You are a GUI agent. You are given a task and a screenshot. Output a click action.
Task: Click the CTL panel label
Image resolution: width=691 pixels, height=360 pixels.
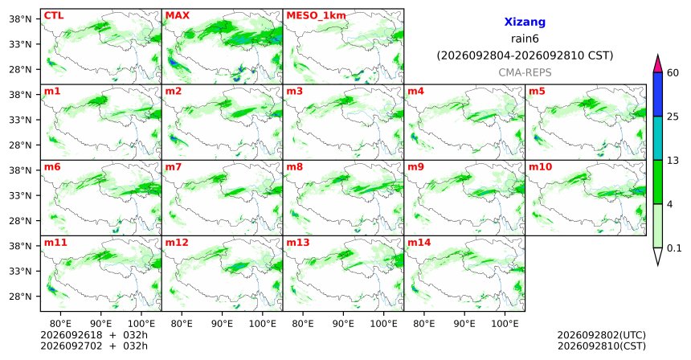54,15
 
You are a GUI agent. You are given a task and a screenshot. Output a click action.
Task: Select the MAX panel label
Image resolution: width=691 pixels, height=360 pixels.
177,15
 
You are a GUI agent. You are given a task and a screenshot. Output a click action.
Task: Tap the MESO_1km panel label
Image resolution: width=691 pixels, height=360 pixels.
316,16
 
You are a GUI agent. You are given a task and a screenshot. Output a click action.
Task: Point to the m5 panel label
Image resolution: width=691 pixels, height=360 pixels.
537,92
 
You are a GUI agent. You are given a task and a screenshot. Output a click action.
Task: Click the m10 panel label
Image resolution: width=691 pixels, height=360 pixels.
540,167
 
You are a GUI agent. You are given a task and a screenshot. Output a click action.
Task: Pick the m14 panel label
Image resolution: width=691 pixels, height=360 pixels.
419,243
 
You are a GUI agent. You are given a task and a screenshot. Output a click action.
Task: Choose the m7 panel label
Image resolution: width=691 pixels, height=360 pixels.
174,167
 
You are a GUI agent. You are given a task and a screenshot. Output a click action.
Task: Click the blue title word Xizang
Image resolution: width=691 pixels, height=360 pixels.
525,22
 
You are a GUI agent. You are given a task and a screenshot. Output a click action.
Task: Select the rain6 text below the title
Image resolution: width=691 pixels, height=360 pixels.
525,39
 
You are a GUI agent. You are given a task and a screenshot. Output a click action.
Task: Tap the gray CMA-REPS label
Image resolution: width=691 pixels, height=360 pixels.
525,72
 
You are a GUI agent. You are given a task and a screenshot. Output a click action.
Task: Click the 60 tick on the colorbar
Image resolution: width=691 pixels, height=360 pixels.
673,72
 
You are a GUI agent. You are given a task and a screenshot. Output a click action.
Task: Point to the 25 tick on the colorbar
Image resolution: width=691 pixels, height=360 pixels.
673,117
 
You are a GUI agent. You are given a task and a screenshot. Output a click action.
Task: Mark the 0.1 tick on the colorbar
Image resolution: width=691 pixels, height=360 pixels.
674,248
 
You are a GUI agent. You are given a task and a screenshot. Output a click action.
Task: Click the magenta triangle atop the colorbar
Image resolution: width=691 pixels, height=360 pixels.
658,64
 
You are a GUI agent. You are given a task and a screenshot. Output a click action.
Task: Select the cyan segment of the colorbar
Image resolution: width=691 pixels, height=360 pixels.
658,138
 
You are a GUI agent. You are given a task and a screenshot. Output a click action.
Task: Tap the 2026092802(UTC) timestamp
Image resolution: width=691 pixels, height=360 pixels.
602,336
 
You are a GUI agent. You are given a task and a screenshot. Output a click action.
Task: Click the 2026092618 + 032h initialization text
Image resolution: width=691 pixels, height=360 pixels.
94,335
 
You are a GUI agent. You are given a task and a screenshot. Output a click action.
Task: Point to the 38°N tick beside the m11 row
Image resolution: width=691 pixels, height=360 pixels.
20,246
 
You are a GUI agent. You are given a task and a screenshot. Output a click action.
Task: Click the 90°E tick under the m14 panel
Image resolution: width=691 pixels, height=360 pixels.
464,325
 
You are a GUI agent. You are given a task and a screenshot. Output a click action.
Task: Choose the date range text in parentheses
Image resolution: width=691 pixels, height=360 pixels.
525,56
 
